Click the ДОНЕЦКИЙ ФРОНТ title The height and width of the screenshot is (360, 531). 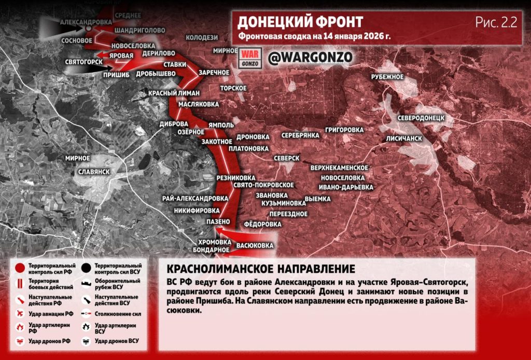click(300, 22)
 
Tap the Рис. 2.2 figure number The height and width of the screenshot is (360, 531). click(496, 22)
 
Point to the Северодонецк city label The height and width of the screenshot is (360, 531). click(422, 118)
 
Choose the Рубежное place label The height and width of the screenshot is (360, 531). click(387, 77)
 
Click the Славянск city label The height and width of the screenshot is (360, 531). click(93, 171)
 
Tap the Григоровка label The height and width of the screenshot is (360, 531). click(344, 129)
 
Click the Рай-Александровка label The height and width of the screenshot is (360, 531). click(194, 198)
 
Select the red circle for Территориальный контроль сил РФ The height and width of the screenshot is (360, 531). click(19, 268)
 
